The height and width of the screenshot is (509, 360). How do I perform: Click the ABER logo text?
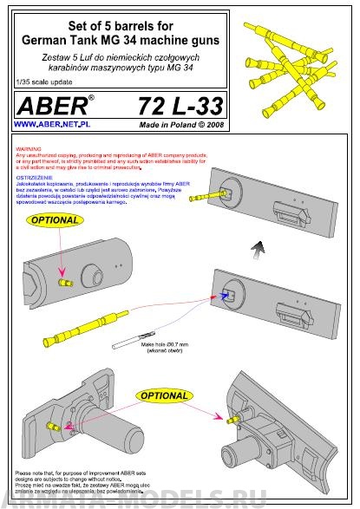tap(49, 108)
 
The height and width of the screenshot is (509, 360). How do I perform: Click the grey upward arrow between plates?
tap(256, 251)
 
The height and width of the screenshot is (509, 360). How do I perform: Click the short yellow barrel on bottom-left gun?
tap(57, 424)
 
